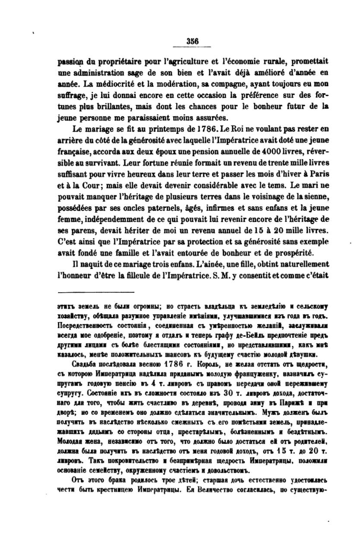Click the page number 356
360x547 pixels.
pyautogui.click(x=192, y=41)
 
